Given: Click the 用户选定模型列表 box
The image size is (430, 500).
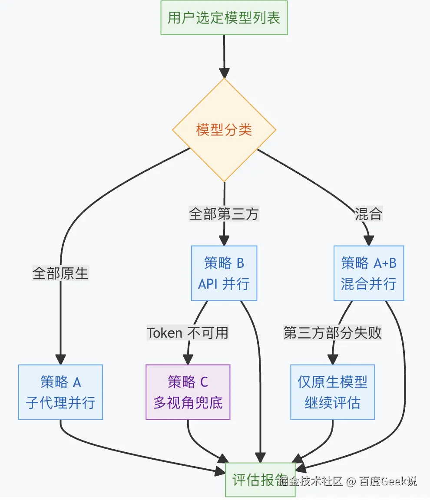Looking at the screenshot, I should pyautogui.click(x=224, y=18).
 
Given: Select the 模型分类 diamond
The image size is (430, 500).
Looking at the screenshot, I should pyautogui.click(x=224, y=130).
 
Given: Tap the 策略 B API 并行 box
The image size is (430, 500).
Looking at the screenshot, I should pyautogui.click(x=224, y=273).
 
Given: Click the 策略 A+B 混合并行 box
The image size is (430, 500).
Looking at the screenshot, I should pyautogui.click(x=369, y=273).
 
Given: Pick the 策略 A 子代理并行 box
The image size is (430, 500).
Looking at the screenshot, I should pyautogui.click(x=60, y=392).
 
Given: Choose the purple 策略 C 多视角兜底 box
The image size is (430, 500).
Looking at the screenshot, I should pyautogui.click(x=188, y=392).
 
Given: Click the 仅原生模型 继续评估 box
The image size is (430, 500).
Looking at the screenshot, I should pyautogui.click(x=332, y=392).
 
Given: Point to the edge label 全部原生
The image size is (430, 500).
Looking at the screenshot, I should pyautogui.click(x=60, y=273).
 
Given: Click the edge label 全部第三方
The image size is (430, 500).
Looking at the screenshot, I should pyautogui.click(x=224, y=214).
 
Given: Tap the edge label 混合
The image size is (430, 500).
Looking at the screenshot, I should pyautogui.click(x=368, y=214).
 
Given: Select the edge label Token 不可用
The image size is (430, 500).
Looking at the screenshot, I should pyautogui.click(x=188, y=332).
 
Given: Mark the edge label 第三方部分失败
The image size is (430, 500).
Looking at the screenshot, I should pyautogui.click(x=333, y=332).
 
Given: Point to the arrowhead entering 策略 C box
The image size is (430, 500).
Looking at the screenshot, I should pyautogui.click(x=188, y=359).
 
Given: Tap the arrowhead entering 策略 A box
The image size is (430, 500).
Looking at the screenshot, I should pyautogui.click(x=60, y=359).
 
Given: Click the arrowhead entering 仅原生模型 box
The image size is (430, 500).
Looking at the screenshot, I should pyautogui.click(x=332, y=359).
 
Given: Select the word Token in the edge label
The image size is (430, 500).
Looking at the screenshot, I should pyautogui.click(x=164, y=332).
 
